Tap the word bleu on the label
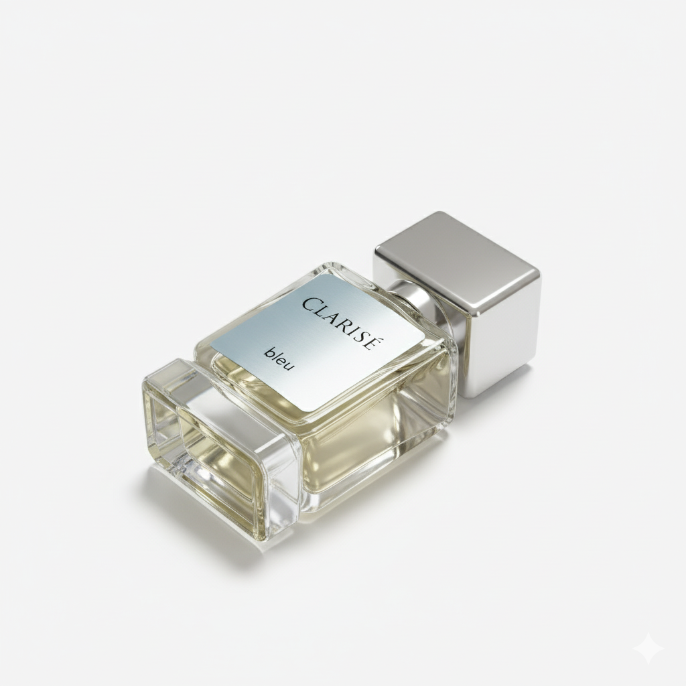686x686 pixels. [279, 358]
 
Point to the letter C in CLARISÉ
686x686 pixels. [310, 303]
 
